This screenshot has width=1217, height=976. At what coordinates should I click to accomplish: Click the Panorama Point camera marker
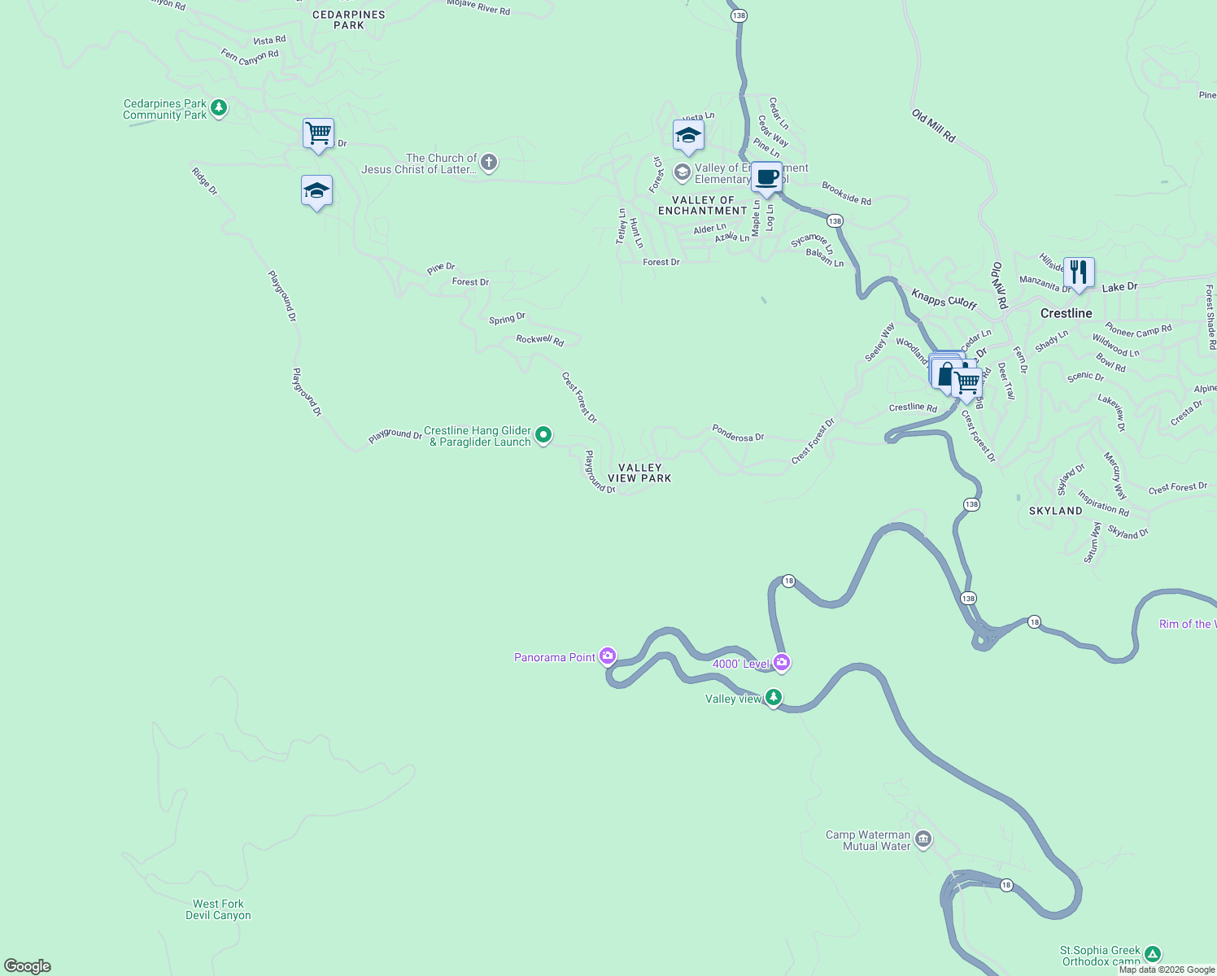point(608,656)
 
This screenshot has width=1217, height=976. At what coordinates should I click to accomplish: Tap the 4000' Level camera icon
point(782,663)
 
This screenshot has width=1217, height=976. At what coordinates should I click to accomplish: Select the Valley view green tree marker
point(774,697)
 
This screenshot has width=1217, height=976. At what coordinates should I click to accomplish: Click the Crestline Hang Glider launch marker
point(543,435)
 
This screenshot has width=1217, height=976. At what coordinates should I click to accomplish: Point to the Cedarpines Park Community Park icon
point(218,107)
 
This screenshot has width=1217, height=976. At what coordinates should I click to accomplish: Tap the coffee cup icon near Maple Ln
point(766,176)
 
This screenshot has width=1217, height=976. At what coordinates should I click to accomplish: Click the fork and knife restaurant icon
point(1078,272)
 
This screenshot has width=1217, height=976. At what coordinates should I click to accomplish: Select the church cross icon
point(489,163)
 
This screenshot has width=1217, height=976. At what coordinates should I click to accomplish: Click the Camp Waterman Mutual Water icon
point(923,839)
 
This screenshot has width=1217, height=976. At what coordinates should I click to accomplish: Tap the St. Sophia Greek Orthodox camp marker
point(1153,954)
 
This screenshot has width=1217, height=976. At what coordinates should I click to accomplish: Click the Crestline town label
point(1066,313)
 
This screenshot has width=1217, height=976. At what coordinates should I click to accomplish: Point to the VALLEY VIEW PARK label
point(639,473)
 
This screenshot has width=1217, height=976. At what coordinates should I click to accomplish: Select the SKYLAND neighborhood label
point(1055,511)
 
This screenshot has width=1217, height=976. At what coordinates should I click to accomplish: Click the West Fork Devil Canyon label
point(218,909)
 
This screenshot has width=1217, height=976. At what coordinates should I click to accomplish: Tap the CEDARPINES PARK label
point(349,20)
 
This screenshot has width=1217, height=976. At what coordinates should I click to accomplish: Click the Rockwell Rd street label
point(540,339)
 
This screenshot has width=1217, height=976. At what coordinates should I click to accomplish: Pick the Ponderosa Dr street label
point(738,433)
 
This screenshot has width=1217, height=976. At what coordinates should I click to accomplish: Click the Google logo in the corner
point(28,966)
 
